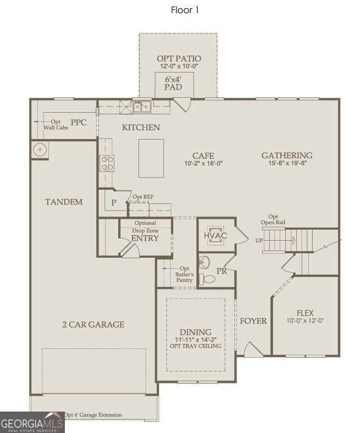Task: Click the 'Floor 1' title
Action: (185, 10)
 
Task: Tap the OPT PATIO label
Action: (179, 59)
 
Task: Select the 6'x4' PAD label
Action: (173, 83)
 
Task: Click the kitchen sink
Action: (142, 106)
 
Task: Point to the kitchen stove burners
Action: (107, 163)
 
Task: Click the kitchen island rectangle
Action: (151, 158)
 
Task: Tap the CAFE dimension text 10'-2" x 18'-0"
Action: (203, 164)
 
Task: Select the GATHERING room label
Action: (287, 155)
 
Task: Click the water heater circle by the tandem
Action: (40, 149)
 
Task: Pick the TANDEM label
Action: (64, 202)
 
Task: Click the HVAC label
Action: (215, 236)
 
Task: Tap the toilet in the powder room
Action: (207, 279)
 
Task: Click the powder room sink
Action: (204, 262)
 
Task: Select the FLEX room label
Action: (305, 313)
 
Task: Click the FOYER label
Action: (253, 321)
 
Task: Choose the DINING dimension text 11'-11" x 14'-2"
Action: (196, 340)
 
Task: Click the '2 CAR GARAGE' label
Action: (93, 324)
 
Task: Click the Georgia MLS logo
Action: (32, 422)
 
